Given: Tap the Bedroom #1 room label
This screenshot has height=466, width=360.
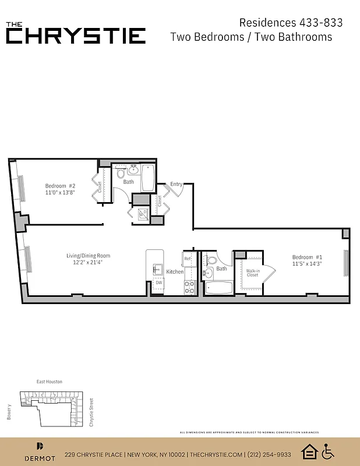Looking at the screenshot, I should [x=307, y=257].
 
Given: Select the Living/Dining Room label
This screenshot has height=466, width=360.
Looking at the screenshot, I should [x=88, y=256].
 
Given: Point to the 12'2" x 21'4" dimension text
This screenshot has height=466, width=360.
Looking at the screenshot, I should [x=88, y=263].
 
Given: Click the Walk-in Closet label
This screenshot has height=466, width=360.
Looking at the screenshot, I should [x=252, y=273].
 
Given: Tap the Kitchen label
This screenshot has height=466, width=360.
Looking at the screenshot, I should [x=175, y=272].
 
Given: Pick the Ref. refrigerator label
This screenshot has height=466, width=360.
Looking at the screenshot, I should [x=188, y=259].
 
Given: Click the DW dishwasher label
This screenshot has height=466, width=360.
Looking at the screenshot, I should [x=158, y=283].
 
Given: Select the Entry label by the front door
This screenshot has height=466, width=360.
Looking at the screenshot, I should [x=177, y=184].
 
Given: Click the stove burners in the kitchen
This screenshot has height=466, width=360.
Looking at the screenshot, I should [x=189, y=286].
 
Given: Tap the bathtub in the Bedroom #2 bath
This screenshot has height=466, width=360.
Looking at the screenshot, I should [x=147, y=177].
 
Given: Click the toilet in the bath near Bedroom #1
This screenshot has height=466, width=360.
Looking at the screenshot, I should [x=210, y=260].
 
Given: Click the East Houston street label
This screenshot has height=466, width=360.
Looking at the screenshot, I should [x=50, y=382].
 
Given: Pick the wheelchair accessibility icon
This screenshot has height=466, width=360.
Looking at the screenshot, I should [x=328, y=451].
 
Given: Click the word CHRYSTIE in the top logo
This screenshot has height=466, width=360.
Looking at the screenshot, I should [x=76, y=36].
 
